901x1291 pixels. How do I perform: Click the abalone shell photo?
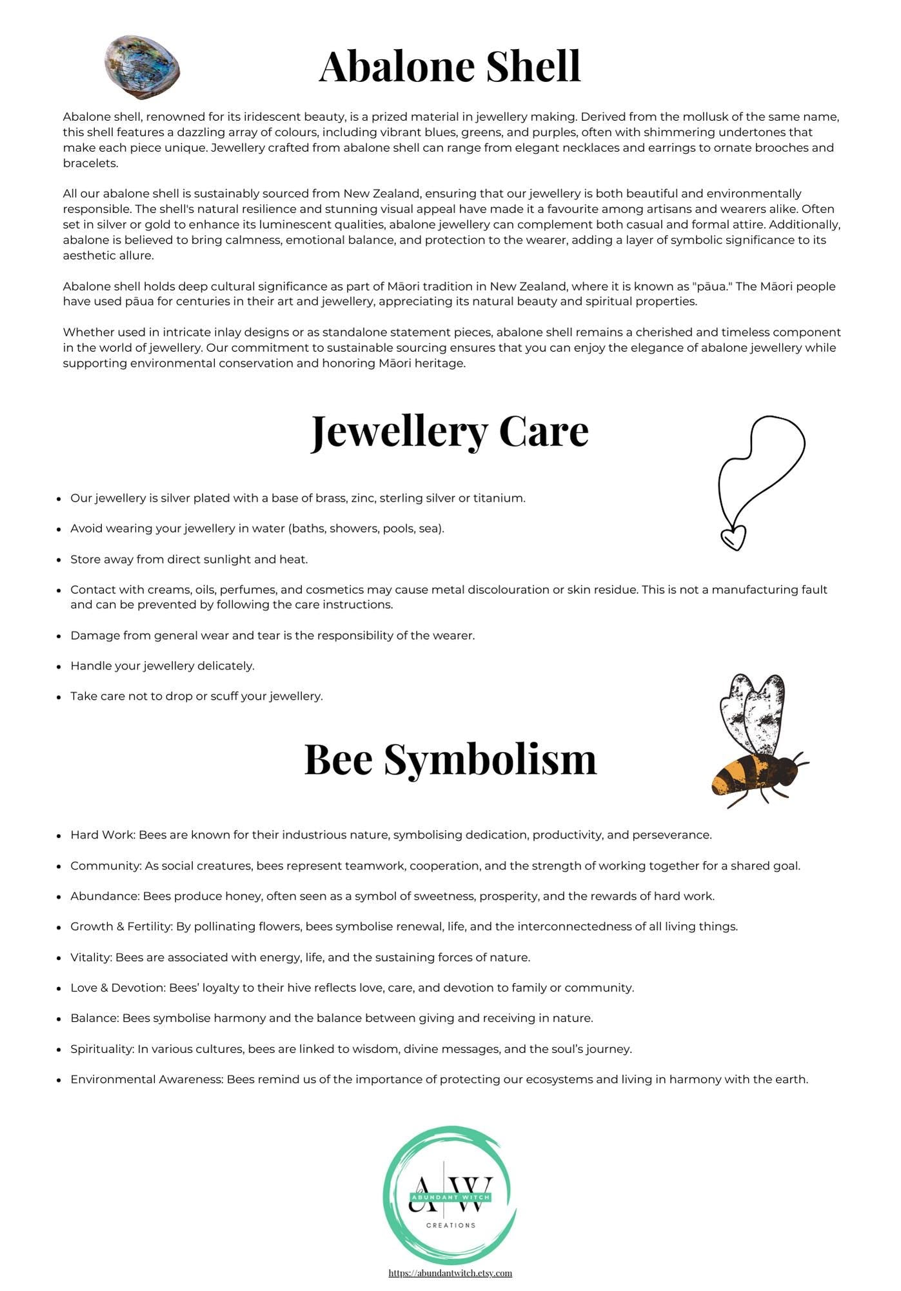pyautogui.click(x=142, y=67)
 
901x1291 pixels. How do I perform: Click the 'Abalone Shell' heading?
pyautogui.click(x=450, y=66)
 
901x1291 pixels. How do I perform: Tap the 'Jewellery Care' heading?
pyautogui.click(x=450, y=431)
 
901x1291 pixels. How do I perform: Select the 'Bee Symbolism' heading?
pyautogui.click(x=450, y=759)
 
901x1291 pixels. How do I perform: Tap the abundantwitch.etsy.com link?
pyautogui.click(x=450, y=1273)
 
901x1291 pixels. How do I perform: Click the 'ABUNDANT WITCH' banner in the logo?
pyautogui.click(x=451, y=1197)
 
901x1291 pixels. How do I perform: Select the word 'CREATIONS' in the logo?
pyautogui.click(x=451, y=1225)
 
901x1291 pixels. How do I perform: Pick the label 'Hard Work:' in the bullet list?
pyautogui.click(x=103, y=835)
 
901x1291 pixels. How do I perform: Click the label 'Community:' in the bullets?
pyautogui.click(x=106, y=866)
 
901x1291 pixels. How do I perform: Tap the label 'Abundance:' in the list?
pyautogui.click(x=105, y=896)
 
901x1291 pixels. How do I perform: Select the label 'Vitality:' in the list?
pyautogui.click(x=92, y=957)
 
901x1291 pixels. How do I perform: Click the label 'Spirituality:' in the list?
pyautogui.click(x=102, y=1049)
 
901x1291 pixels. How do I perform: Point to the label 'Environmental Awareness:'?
pyautogui.click(x=147, y=1079)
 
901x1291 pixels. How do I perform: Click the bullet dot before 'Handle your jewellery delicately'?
pyautogui.click(x=59, y=667)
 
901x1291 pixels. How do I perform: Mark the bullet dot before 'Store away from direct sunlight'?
pyautogui.click(x=59, y=560)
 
